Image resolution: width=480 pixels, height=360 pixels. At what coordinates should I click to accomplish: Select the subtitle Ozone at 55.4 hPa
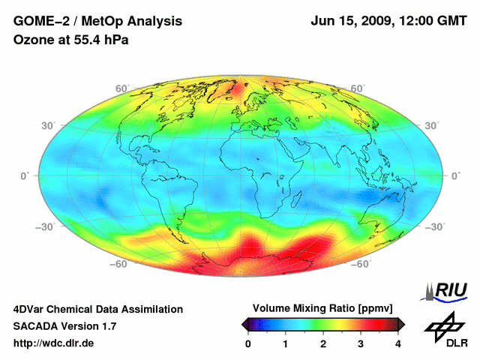(x=71, y=40)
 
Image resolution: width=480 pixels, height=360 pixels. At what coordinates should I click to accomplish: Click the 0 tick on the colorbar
(x=248, y=343)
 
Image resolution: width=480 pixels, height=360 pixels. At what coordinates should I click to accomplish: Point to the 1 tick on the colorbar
(x=286, y=343)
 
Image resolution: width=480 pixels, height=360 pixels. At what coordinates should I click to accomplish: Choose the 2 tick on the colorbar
(x=323, y=343)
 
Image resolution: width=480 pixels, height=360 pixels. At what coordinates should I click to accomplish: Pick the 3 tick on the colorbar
(x=361, y=343)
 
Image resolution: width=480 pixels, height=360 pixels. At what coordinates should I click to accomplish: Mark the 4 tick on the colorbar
(x=398, y=343)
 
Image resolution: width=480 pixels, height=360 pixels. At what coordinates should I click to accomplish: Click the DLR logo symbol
(x=445, y=325)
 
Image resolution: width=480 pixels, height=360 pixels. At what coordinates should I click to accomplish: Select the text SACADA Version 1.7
(x=64, y=326)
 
